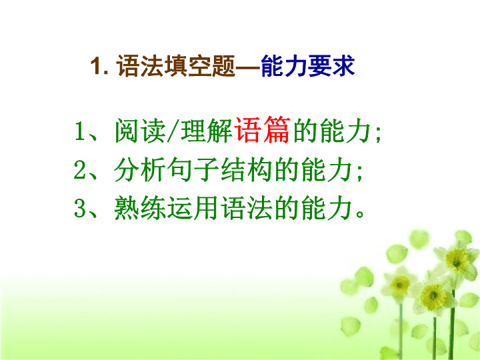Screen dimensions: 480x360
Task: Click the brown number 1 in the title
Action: pos(96,66)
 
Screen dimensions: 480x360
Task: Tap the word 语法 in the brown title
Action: pos(140,66)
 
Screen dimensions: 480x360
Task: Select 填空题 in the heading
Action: pos(199,66)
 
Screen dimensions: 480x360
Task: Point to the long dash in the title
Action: pos(247,67)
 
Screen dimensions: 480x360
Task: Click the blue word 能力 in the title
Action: pos(284,66)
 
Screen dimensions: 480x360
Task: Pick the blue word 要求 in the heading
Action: pos(331,66)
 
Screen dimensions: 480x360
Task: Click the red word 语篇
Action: pos(262,130)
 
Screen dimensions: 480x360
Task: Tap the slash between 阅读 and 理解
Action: pos(173,131)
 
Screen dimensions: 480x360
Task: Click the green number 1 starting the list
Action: pos(79,131)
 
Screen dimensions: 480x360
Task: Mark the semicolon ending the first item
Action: pos(378,134)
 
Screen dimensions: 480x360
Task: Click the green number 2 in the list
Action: pos(79,170)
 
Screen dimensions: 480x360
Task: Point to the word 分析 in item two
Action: pos(140,169)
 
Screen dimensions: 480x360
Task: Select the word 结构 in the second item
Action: pos(247,169)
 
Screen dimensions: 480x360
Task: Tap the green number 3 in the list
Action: pos(79,208)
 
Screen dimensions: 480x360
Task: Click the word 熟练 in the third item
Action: pos(140,208)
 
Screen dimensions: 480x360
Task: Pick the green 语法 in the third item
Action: pos(247,208)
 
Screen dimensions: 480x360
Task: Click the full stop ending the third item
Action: pos(360,214)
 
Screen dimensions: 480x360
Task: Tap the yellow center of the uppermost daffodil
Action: pos(457,260)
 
